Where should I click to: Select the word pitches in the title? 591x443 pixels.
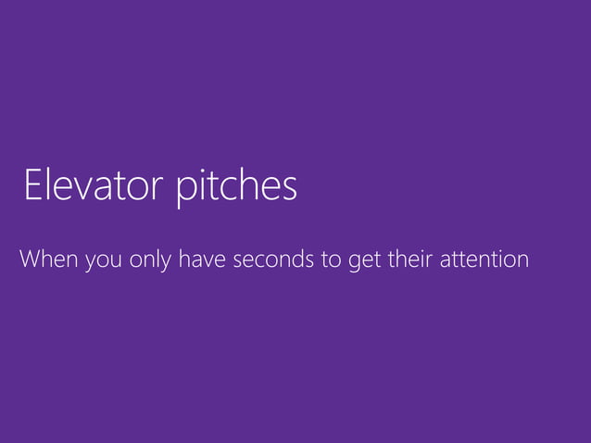click(x=236, y=186)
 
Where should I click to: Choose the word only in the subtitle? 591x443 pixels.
click(x=150, y=259)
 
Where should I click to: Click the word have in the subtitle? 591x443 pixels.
click(x=202, y=259)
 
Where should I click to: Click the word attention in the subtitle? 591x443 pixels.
click(x=486, y=259)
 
